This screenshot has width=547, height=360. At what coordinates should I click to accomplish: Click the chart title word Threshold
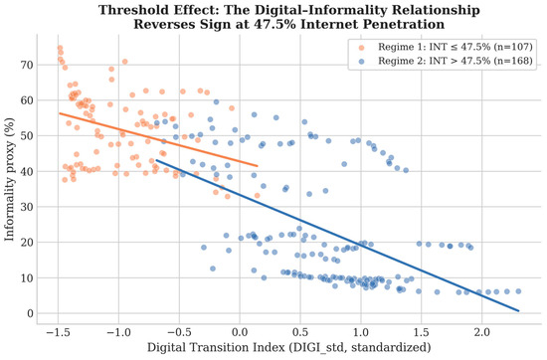[x=126, y=10]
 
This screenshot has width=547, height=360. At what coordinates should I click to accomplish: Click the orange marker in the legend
[x=361, y=48]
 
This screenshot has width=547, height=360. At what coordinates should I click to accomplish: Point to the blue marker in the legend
[x=361, y=62]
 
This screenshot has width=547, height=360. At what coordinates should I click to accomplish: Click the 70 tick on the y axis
[x=27, y=65]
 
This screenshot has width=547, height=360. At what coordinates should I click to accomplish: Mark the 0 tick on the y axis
[x=31, y=313]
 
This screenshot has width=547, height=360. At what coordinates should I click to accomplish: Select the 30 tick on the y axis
[x=27, y=207]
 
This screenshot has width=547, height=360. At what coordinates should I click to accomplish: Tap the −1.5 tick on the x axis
[x=58, y=332]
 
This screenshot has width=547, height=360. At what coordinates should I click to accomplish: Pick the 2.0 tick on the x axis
[x=481, y=332]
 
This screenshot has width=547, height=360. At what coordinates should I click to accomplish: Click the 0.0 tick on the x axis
[x=240, y=332]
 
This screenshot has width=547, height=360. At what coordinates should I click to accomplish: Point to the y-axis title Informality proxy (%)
[x=9, y=179]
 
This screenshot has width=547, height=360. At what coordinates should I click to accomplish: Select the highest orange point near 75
[x=60, y=48]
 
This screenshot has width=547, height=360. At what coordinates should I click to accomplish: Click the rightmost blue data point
[x=518, y=291]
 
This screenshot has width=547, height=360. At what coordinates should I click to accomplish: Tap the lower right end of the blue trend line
[x=519, y=310]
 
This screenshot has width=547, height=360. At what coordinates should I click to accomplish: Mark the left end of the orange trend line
[x=60, y=113]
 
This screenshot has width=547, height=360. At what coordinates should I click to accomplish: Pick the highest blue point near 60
[x=216, y=101]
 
